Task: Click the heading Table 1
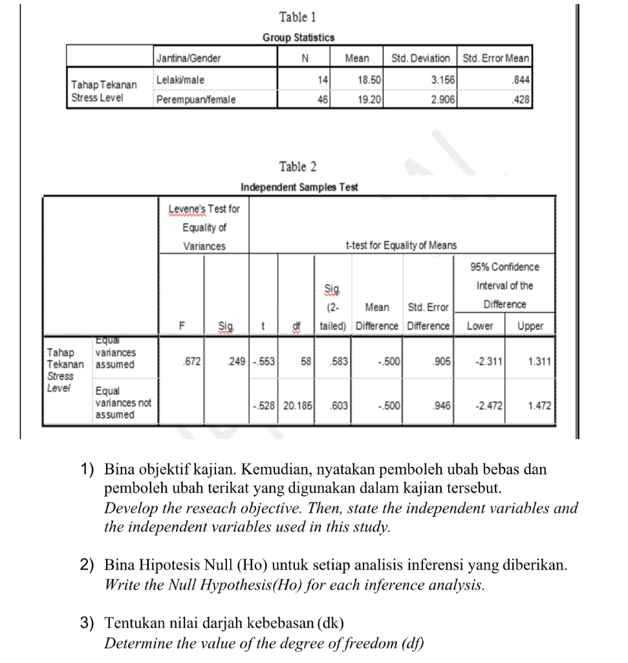click(298, 17)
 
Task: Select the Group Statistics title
click(298, 38)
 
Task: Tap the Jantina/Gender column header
click(188, 58)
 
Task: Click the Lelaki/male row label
click(180, 79)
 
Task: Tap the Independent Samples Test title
click(299, 187)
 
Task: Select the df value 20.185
click(298, 405)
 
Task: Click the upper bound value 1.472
click(539, 405)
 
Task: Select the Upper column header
click(530, 326)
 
